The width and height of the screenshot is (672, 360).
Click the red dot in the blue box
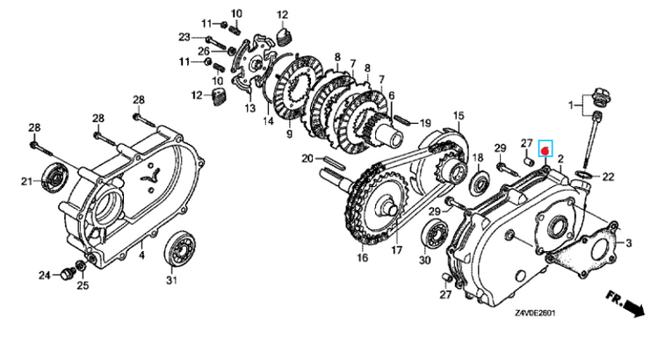(546, 151)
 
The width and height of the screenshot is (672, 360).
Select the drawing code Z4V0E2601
(535, 313)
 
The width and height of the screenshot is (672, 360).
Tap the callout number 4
(141, 256)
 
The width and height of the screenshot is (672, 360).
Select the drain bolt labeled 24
(66, 274)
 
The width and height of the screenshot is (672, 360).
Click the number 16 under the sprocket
(363, 257)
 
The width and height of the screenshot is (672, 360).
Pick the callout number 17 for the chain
(397, 249)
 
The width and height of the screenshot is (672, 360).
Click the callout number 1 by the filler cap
(570, 104)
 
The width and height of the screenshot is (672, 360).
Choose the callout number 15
(459, 116)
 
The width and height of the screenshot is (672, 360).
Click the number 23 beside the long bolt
(184, 37)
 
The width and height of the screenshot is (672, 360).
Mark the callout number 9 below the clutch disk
(290, 134)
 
